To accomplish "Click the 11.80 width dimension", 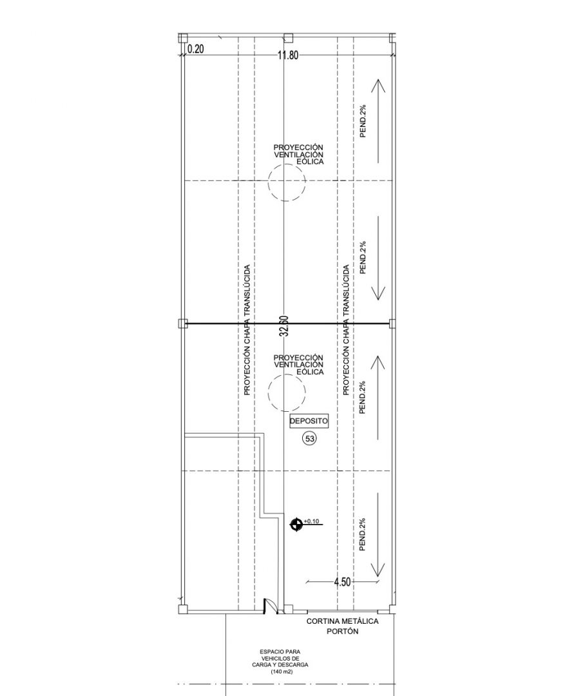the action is click(x=288, y=55).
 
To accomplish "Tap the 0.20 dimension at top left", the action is click(x=196, y=49).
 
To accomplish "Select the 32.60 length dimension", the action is click(x=285, y=326).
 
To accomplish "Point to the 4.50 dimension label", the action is click(x=342, y=582).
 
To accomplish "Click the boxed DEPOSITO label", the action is click(x=309, y=421).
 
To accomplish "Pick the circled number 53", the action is click(x=309, y=439).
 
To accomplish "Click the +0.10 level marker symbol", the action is click(x=296, y=525).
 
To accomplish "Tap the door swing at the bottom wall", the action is click(x=269, y=606).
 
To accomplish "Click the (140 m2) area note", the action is click(x=280, y=672).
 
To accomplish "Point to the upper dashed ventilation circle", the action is click(x=287, y=182).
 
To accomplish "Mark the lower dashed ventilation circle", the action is click(x=287, y=392).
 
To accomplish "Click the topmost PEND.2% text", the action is click(x=363, y=121).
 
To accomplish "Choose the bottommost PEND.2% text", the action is click(x=363, y=534).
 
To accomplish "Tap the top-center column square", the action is click(x=288, y=37).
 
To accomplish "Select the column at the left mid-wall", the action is click(x=182, y=324).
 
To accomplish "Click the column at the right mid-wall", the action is click(x=392, y=323).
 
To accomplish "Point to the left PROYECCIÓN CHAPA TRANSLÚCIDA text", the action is click(x=247, y=330).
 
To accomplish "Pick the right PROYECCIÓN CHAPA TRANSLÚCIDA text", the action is click(x=346, y=330).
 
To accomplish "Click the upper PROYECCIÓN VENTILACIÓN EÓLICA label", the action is click(x=298, y=155).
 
